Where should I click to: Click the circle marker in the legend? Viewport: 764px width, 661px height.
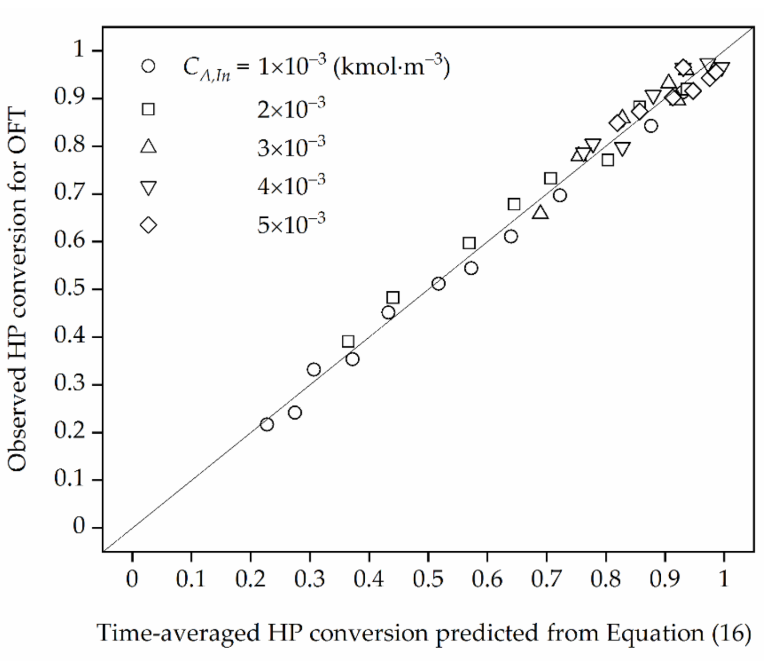tap(148, 66)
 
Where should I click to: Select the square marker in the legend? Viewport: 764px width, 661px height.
tap(148, 109)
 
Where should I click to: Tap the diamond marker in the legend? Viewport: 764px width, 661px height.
tap(148, 225)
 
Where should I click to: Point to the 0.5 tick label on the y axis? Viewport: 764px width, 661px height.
tap(70, 288)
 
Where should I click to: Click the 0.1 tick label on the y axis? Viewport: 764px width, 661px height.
tap(70, 479)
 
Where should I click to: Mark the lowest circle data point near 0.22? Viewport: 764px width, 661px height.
tap(267, 425)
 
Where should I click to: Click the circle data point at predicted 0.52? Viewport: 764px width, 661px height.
tap(438, 283)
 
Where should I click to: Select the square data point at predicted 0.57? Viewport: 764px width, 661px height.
tap(469, 243)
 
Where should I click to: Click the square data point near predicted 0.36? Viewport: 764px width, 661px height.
tap(348, 341)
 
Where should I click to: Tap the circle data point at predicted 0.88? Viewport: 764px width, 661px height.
tap(651, 126)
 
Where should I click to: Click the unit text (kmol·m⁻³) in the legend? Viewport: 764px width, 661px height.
tap(391, 68)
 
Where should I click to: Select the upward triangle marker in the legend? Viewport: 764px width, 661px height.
tap(148, 146)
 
